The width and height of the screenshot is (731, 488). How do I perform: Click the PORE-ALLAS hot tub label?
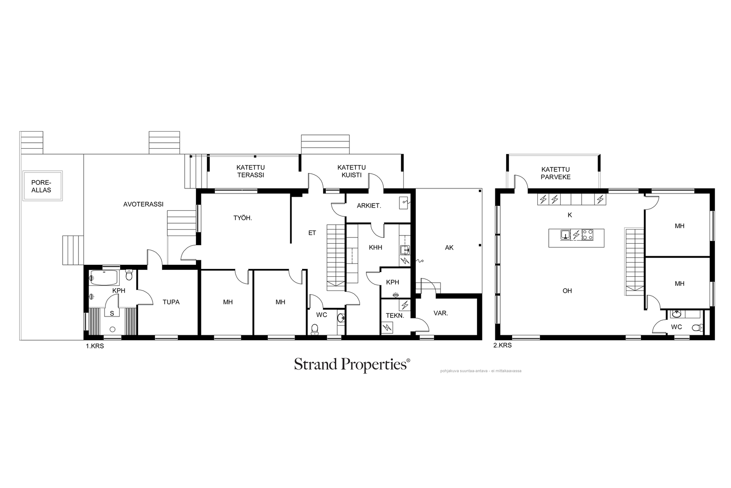41,186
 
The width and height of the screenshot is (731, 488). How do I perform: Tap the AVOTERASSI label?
143,204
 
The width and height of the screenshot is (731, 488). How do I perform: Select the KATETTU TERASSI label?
251,171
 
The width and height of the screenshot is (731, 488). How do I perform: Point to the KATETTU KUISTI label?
351,171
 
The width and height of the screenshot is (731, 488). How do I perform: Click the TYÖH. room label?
243,218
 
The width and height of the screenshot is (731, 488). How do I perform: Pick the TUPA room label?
171,302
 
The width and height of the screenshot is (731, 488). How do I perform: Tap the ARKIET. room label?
369,206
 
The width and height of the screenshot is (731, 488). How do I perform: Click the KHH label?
376,247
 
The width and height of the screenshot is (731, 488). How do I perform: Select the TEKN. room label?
395,316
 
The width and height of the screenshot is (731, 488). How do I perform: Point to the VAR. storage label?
440,313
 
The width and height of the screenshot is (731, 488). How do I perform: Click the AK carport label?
450,247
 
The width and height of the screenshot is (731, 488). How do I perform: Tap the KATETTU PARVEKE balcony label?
556,173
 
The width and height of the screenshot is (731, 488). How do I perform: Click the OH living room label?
567,291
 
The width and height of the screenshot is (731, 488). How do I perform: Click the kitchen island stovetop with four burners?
588,235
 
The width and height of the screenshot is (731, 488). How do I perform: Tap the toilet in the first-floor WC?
315,329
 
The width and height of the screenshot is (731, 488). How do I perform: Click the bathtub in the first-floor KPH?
103,278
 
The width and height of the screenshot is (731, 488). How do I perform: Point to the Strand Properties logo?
352,365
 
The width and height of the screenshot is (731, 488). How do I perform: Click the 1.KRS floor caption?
95,346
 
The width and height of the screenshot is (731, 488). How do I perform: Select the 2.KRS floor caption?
502,345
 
